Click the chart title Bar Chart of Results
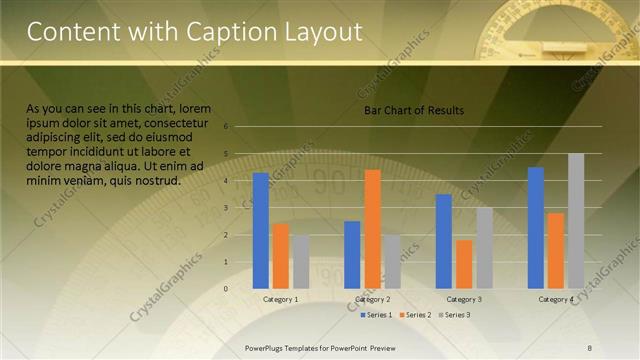click(x=413, y=110)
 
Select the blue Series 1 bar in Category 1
click(x=261, y=230)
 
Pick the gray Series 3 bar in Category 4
click(x=576, y=221)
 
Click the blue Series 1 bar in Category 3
click(x=444, y=241)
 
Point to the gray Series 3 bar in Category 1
click(x=301, y=262)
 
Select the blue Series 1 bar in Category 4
click(x=536, y=227)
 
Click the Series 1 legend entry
click(x=376, y=315)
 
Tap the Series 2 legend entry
click(x=414, y=315)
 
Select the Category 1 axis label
click(x=281, y=300)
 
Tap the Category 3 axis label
click(x=464, y=300)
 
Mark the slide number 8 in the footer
click(x=590, y=347)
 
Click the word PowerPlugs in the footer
click(x=270, y=347)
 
